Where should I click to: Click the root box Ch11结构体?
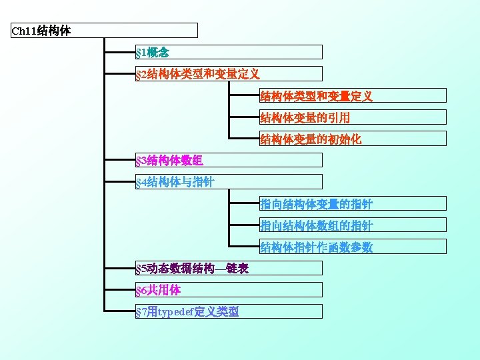105,31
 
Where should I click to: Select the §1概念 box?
228,52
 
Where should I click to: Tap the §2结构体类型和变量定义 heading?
228,74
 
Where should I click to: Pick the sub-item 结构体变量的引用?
352,118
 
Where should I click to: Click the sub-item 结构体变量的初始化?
352,139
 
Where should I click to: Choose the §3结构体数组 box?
228,161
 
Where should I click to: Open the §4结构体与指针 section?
228,182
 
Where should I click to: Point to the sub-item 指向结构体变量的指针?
352,204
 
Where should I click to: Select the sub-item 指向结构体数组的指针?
352,225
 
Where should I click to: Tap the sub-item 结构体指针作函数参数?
352,247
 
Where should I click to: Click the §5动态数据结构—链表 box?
228,269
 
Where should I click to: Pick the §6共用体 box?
228,290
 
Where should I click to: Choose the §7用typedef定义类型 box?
228,311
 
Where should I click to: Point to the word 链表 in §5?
238,269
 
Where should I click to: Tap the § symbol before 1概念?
138,52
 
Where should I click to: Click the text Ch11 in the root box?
25,31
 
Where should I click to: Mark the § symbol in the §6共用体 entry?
138,291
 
